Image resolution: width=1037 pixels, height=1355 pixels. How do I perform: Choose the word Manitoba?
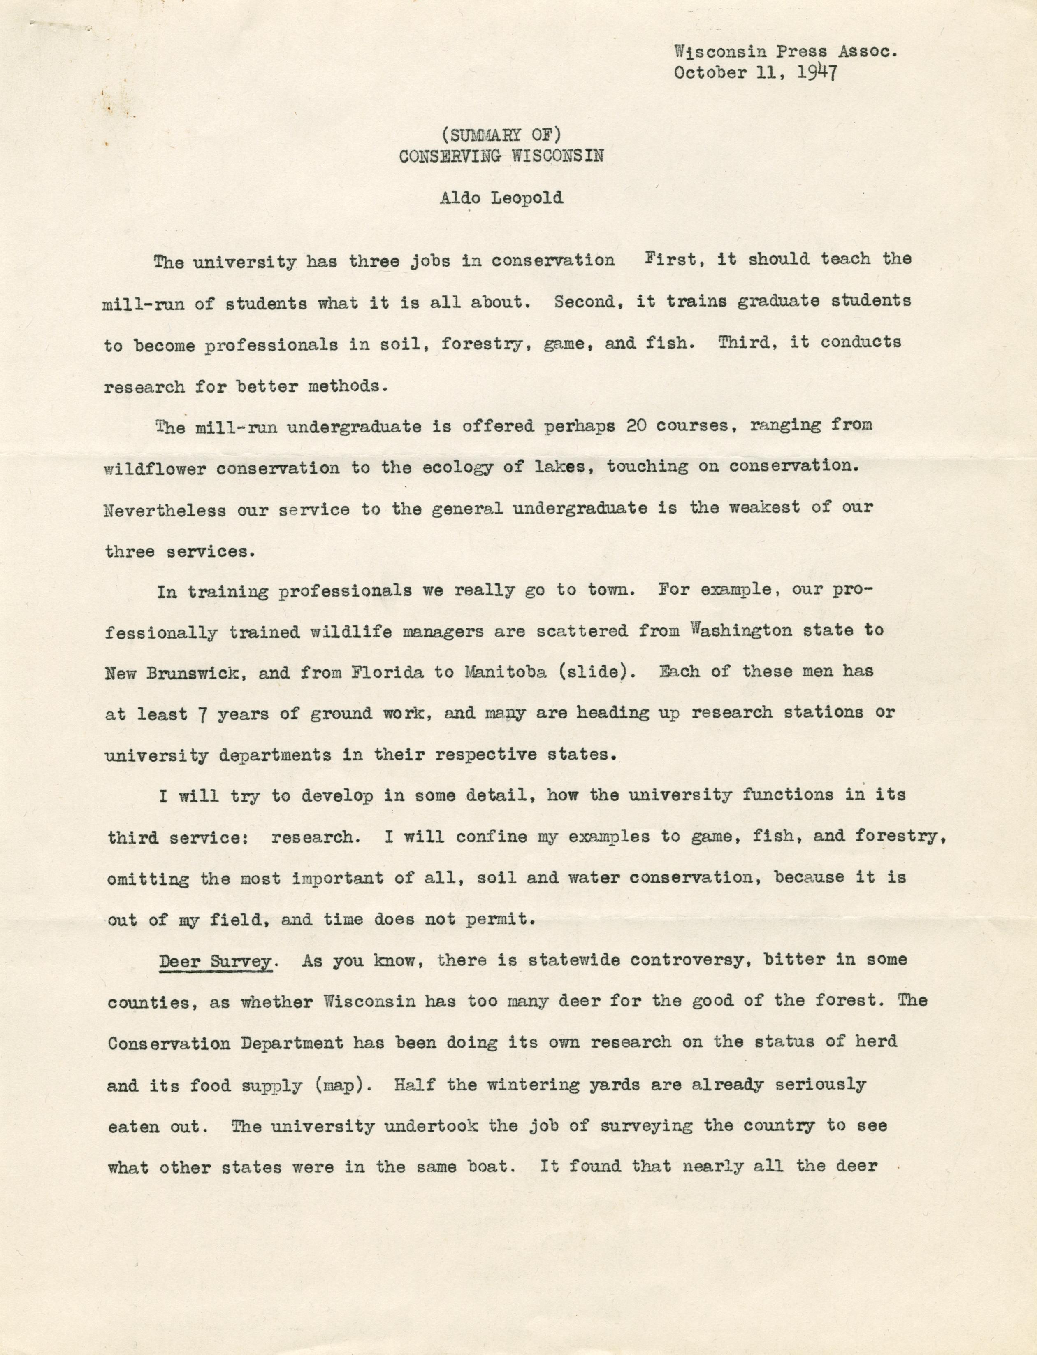coord(501,672)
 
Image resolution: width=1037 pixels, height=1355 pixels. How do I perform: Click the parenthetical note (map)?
coord(339,1085)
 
